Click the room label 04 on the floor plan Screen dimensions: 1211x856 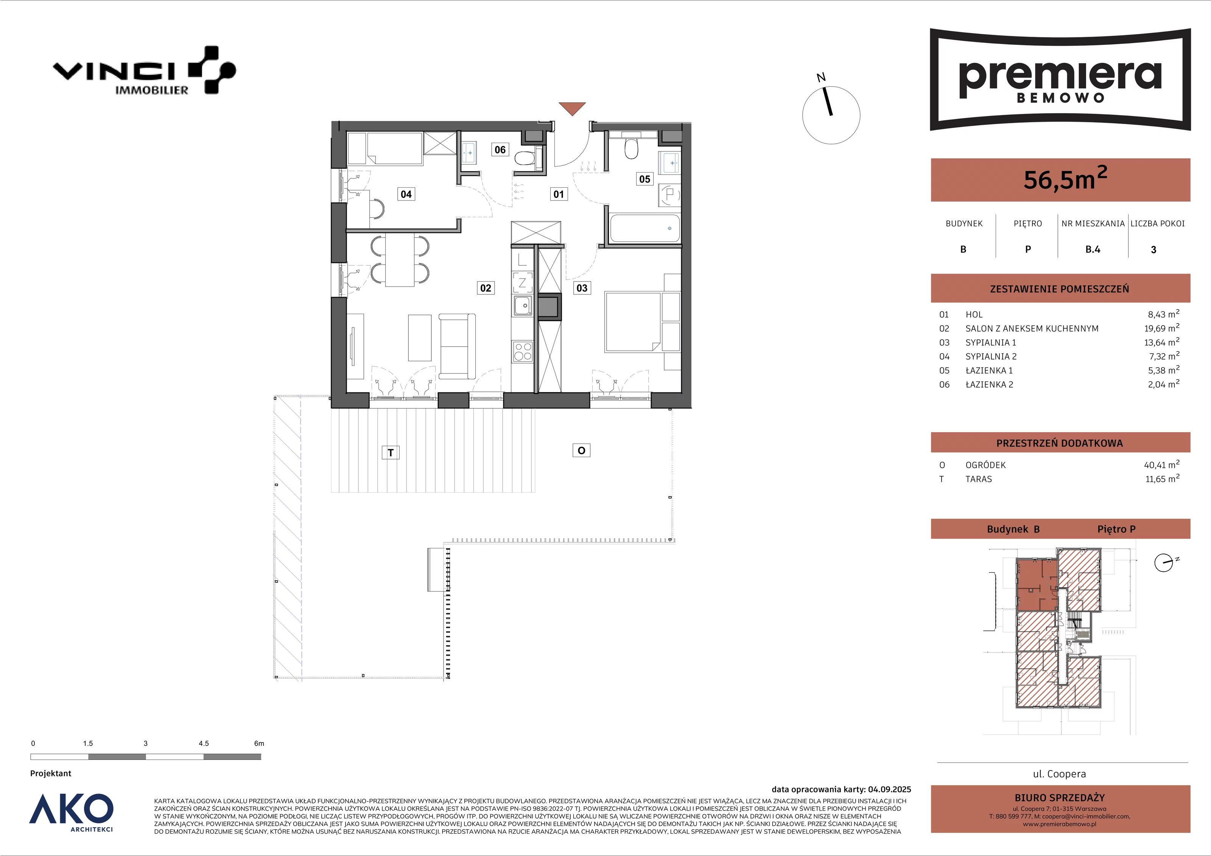coord(406,194)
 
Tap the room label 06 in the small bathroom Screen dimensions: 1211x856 coord(500,150)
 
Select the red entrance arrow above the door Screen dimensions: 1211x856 coord(572,108)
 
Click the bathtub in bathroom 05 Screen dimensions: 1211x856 coord(644,228)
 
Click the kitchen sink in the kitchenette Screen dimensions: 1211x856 coord(523,306)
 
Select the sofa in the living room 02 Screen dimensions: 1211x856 coord(457,346)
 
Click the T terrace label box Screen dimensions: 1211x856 coord(391,453)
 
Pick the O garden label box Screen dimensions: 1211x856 coord(581,450)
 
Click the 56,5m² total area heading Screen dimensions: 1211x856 coord(1065,179)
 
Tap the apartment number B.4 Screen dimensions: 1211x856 coord(1093,249)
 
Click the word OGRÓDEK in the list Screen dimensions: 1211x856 coord(985,465)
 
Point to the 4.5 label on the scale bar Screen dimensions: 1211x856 coord(204,744)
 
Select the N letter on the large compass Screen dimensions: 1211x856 coord(821,78)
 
